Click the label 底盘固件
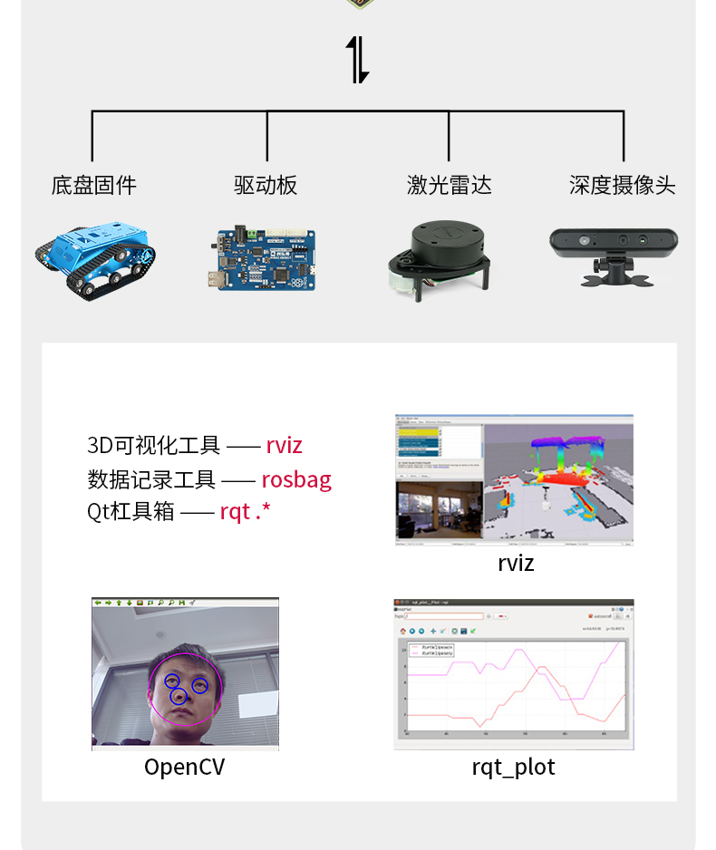coord(93,186)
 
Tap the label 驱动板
coord(266,186)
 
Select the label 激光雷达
coord(449,186)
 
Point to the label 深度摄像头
coord(622,186)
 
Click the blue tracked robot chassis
coord(95,256)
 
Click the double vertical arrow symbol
coord(358,60)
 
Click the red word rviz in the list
coord(284,445)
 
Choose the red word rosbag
coord(296,479)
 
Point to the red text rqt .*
coord(246,512)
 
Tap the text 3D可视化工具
coord(153,445)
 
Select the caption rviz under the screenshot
coord(516,563)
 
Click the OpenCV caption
coord(184,768)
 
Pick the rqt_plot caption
coord(513,768)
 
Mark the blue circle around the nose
coord(179,696)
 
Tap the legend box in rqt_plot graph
coord(431,650)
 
